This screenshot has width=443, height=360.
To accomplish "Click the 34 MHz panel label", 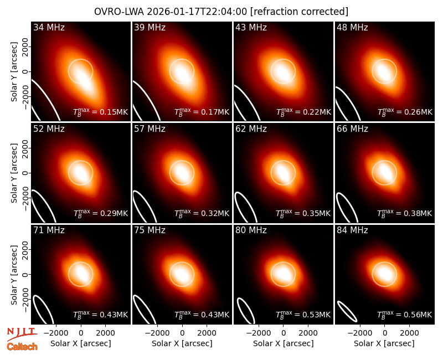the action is [x=49, y=27].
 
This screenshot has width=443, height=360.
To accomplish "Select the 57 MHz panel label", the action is [x=150, y=129].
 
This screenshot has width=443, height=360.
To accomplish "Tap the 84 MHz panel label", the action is [x=352, y=230].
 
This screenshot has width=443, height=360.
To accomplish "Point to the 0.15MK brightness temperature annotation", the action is [x=101, y=112].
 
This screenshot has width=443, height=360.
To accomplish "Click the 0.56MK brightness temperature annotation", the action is [x=405, y=314].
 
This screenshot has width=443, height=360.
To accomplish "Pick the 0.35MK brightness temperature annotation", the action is [x=303, y=213].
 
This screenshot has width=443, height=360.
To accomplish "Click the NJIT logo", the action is [x=22, y=333].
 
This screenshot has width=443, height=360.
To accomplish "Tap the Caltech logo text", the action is [x=22, y=347].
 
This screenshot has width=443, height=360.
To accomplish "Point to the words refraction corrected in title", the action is [x=299, y=12].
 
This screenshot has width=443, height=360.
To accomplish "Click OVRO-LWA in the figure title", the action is [x=119, y=12].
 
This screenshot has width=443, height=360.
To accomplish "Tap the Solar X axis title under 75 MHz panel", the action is [x=182, y=343].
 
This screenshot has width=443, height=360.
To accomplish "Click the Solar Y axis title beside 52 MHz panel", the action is [x=14, y=173].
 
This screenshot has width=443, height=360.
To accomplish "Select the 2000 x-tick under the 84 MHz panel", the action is [x=409, y=333].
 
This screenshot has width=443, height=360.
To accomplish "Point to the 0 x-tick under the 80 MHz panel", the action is [x=284, y=333].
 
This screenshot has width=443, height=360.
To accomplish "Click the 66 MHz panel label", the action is [x=352, y=129].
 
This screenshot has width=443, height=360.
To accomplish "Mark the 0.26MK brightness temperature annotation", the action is [x=405, y=112].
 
